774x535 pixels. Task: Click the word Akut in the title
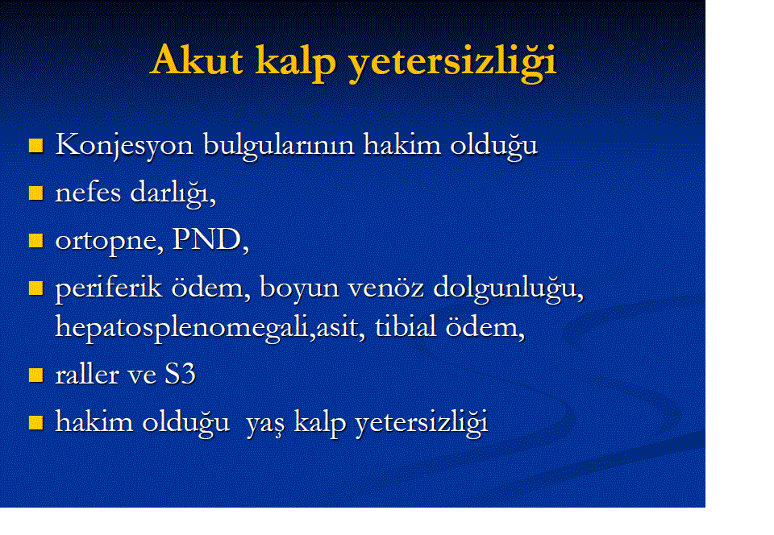pos(197,60)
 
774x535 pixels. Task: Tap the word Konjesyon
pos(124,146)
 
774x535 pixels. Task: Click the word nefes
pos(88,192)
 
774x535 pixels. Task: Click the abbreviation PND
pos(206,239)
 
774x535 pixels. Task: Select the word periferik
pos(109,288)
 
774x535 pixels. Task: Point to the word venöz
pos(385,288)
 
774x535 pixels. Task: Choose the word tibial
pos(406,326)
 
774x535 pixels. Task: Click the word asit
pos(337,327)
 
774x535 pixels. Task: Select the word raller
pos(86,374)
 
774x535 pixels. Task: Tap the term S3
pos(180,374)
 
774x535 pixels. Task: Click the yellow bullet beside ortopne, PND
pos(36,241)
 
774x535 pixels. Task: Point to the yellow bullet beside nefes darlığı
pos(36,193)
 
